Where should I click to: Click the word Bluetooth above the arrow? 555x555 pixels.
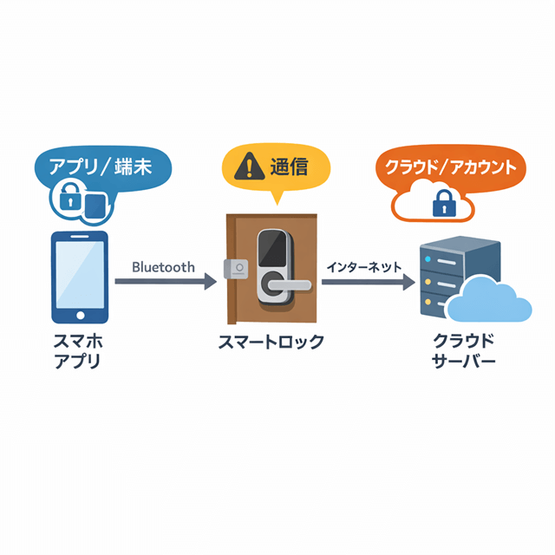(x=163, y=267)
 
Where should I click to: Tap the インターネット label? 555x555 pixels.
(x=364, y=267)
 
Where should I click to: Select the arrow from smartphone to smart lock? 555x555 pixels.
(x=165, y=282)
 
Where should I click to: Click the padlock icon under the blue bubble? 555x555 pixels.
(x=69, y=202)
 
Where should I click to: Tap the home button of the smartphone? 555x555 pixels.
(x=81, y=314)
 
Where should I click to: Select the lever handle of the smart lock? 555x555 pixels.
(x=286, y=284)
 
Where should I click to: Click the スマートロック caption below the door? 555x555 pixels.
(x=271, y=342)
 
